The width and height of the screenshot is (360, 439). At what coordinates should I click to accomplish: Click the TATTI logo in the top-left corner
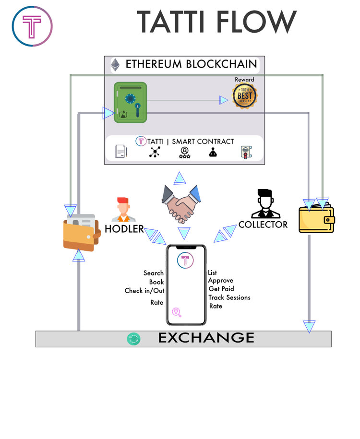(32, 26)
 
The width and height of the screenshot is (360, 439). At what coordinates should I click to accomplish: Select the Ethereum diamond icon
(115, 65)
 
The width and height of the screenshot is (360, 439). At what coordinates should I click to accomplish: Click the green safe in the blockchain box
(130, 103)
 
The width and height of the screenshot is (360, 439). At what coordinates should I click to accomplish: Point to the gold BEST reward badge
(244, 96)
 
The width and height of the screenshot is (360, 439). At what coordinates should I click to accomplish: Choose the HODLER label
(124, 229)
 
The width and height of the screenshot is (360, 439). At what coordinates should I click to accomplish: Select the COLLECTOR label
(263, 224)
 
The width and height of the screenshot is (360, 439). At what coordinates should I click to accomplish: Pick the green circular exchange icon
(133, 339)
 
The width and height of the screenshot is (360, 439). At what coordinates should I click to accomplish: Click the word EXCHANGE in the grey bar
(206, 338)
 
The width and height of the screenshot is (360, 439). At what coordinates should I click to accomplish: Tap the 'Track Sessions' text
(229, 297)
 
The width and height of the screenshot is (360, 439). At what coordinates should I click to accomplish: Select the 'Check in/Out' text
(144, 291)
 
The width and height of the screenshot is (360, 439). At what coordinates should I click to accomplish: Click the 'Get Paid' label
(221, 289)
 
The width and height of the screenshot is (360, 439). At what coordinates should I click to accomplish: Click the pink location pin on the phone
(177, 312)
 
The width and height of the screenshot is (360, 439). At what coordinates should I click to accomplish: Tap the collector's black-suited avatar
(264, 204)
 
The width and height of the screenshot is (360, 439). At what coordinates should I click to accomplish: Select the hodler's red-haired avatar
(123, 209)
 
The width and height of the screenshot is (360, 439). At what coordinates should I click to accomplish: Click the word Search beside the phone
(154, 273)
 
